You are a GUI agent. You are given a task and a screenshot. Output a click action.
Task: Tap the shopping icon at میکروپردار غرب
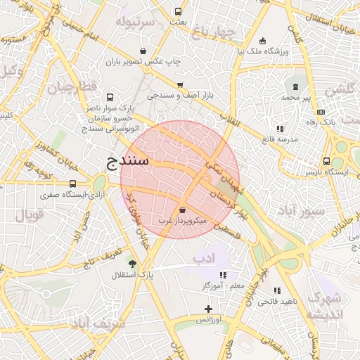click(x=183, y=210)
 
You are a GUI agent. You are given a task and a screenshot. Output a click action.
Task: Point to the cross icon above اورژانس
click(x=208, y=309)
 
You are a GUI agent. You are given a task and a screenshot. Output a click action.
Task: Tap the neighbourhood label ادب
click(x=203, y=257)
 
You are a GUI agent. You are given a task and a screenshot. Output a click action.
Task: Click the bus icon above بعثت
click(x=178, y=11)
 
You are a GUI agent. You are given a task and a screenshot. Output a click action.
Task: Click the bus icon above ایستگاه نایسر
click(x=326, y=160)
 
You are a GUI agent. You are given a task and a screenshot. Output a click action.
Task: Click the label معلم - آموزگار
click(x=223, y=285)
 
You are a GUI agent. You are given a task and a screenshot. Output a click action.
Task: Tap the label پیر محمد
click(x=296, y=96)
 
